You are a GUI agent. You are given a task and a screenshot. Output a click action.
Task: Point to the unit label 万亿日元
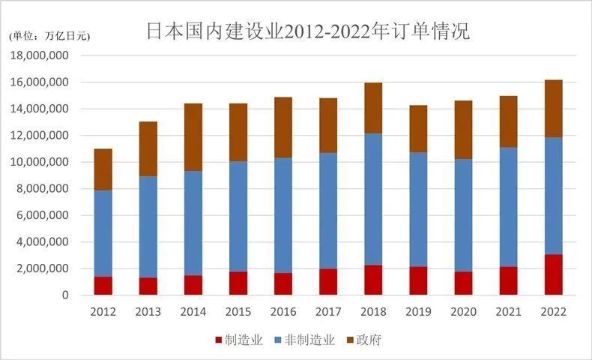49,36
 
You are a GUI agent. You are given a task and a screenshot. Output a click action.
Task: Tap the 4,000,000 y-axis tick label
41,242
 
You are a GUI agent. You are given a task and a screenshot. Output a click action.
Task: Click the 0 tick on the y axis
66,295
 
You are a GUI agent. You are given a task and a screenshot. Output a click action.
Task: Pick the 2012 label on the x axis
103,311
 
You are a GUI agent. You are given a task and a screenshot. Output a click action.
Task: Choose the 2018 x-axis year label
373,311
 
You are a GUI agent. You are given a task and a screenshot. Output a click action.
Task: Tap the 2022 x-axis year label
553,311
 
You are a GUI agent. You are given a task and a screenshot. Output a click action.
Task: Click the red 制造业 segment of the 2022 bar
553,275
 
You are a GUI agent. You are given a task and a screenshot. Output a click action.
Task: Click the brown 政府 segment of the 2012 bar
103,169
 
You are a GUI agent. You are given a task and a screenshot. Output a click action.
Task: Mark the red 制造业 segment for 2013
148,286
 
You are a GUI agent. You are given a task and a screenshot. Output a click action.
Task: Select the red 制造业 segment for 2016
283,284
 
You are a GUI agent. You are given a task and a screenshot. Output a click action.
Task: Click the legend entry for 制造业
238,340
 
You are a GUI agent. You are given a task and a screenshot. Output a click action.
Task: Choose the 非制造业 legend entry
305,340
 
